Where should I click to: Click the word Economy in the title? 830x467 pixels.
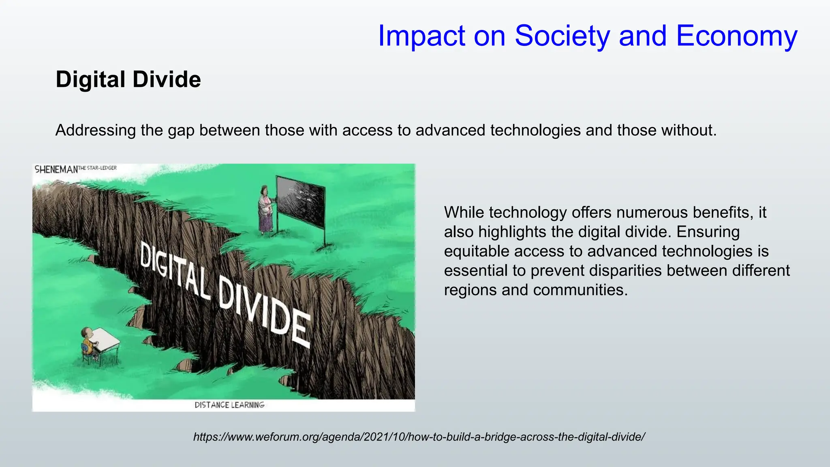736,36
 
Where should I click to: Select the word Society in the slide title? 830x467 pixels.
562,36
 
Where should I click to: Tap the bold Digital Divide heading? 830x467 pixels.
128,79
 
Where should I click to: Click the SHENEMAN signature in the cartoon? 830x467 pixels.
56,169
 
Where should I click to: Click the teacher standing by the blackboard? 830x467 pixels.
265,210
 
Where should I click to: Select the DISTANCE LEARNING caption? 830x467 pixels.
229,405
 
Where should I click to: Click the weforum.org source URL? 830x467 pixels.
419,437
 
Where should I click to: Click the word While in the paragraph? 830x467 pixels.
464,212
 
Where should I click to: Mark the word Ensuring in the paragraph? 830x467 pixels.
708,232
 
